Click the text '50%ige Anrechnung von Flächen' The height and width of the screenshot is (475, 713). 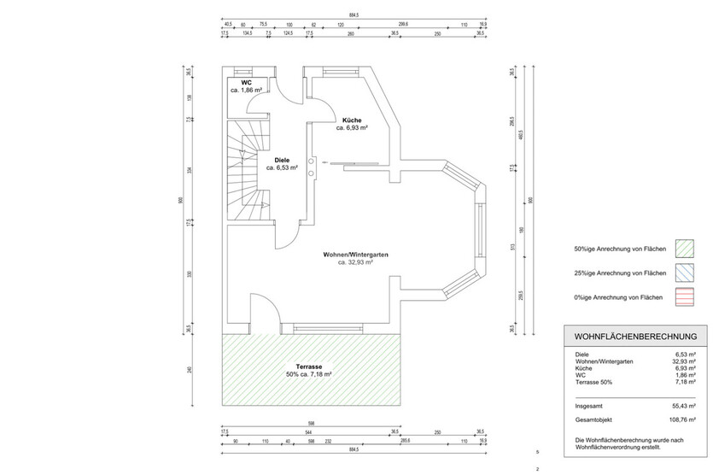[620, 249]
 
